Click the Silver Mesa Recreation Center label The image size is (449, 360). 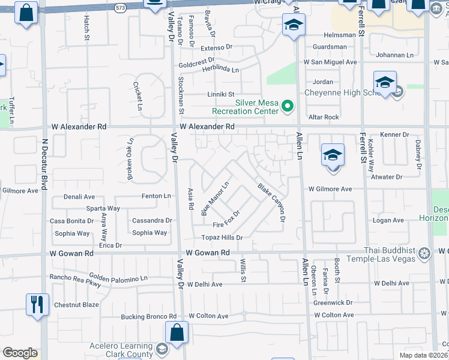tap(244, 107)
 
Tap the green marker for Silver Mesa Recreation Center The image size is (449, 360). tap(288, 107)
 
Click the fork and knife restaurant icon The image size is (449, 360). tap(37, 305)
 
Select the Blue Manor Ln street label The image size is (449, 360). tap(215, 199)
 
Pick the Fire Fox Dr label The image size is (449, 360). tap(227, 220)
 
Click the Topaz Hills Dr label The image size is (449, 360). tap(222, 238)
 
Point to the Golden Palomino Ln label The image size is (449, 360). tap(119, 279)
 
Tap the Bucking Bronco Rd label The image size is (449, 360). tap(149, 316)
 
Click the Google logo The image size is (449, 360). tap(20, 353)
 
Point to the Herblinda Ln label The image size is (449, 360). tap(220, 70)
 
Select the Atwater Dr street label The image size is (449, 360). tap(387, 177)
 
